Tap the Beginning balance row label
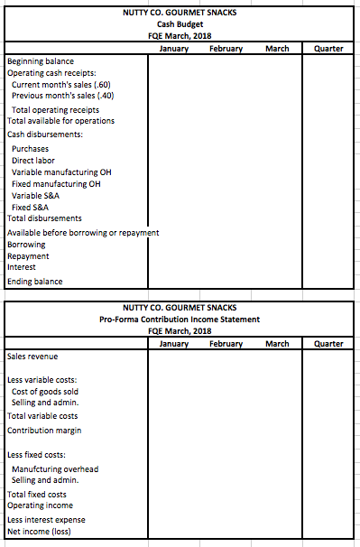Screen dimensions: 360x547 click(x=38, y=61)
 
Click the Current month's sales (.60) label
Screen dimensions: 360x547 click(x=62, y=84)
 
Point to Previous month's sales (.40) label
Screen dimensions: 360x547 click(x=63, y=96)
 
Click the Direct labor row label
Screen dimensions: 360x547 click(x=32, y=160)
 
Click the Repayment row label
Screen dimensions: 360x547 click(x=29, y=255)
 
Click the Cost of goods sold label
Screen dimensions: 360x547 click(x=45, y=391)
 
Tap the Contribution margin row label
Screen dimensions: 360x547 click(x=43, y=431)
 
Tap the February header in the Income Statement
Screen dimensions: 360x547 click(x=225, y=343)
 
